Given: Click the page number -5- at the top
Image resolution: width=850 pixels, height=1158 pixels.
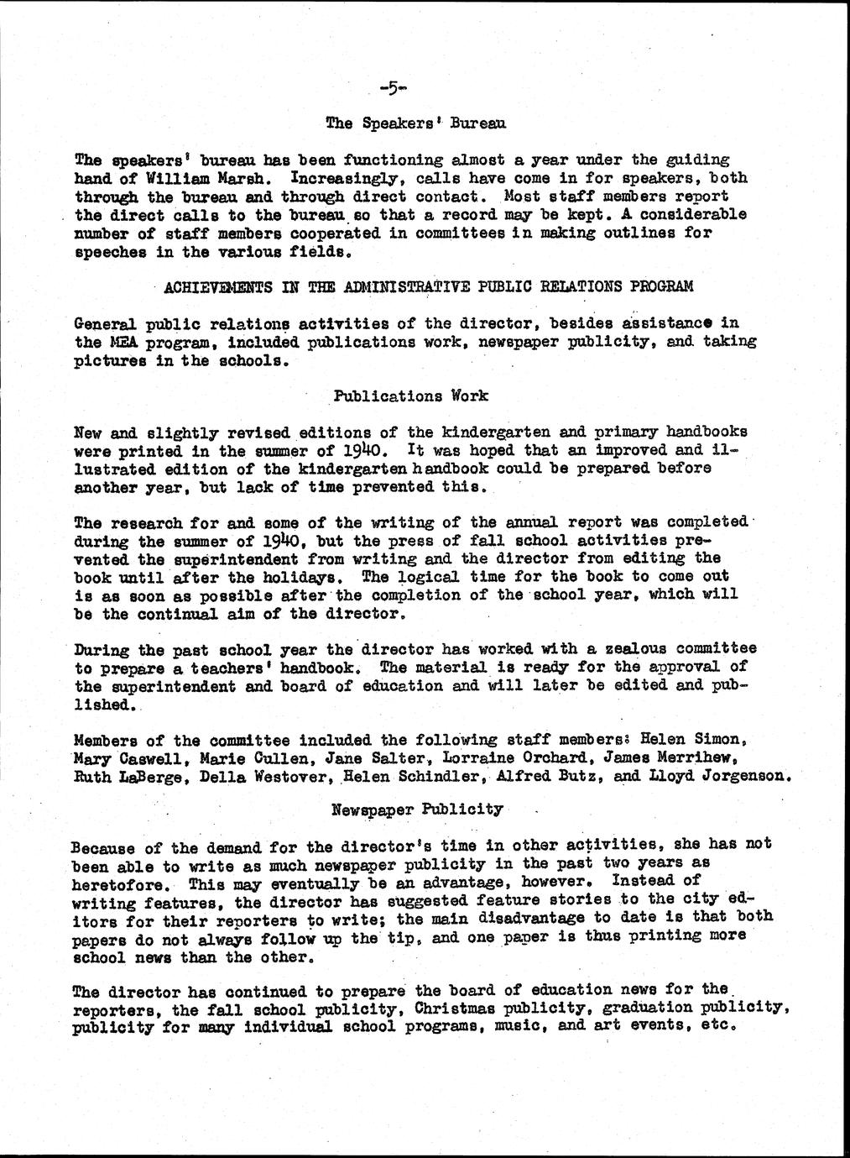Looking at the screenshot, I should point(392,86).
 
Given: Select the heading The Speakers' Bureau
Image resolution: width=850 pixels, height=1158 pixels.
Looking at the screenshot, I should point(415,123).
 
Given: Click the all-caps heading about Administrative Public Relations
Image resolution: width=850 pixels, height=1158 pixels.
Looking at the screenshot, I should point(429,286).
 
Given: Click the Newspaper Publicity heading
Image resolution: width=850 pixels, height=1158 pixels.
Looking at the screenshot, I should point(417,810).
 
